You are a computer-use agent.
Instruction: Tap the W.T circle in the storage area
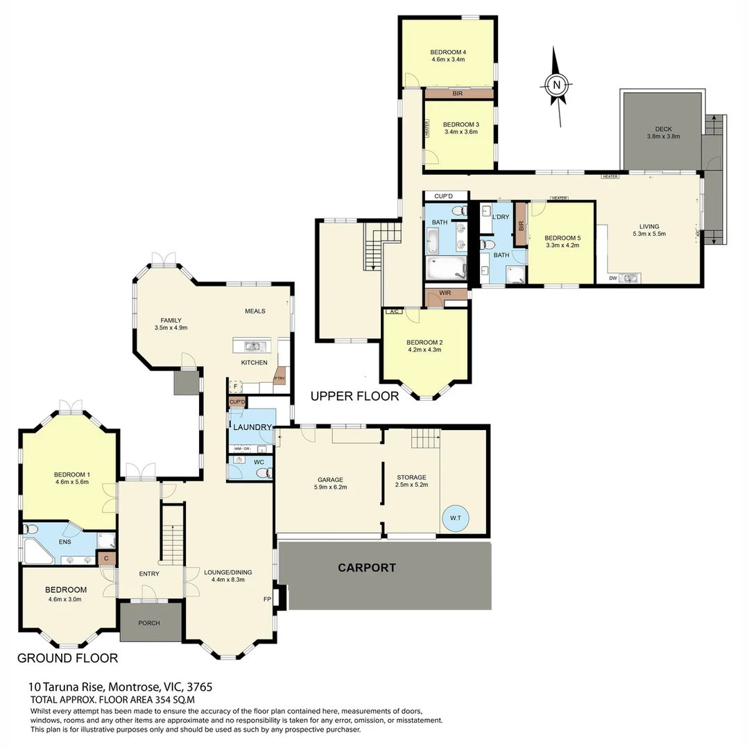click(455, 517)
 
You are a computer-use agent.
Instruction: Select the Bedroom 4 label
click(447, 52)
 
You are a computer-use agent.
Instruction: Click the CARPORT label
click(367, 567)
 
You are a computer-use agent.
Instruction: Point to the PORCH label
click(149, 623)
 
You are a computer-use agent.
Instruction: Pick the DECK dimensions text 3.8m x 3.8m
click(663, 137)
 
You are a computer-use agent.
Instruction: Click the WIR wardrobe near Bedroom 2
click(445, 293)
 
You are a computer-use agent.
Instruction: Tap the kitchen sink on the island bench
click(251, 346)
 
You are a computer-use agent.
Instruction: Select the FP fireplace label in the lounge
click(267, 599)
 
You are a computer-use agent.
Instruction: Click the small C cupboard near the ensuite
click(106, 558)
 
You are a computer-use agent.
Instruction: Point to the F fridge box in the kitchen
click(235, 386)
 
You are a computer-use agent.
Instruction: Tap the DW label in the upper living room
click(612, 279)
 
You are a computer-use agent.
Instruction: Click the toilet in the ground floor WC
click(263, 473)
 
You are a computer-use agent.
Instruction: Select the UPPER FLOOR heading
click(354, 396)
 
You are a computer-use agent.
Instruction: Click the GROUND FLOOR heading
click(67, 657)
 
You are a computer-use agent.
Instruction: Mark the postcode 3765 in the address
click(198, 687)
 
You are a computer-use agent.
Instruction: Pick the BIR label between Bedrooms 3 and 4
click(458, 93)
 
